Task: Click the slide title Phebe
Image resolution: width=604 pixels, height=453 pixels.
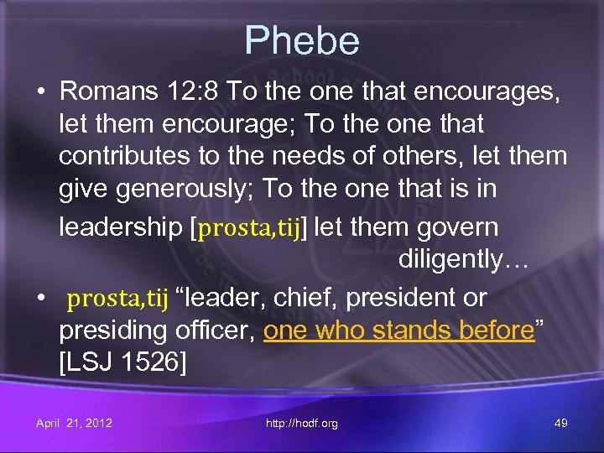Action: (302, 41)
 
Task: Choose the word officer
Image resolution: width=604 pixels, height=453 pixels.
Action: (216, 331)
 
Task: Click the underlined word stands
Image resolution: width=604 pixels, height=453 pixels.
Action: (413, 331)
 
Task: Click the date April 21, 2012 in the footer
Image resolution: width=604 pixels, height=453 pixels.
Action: (74, 423)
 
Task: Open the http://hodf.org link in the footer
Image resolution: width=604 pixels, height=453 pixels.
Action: (301, 423)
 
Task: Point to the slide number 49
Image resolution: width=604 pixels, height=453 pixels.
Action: (561, 423)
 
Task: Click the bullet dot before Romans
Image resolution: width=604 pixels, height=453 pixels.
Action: (40, 91)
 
